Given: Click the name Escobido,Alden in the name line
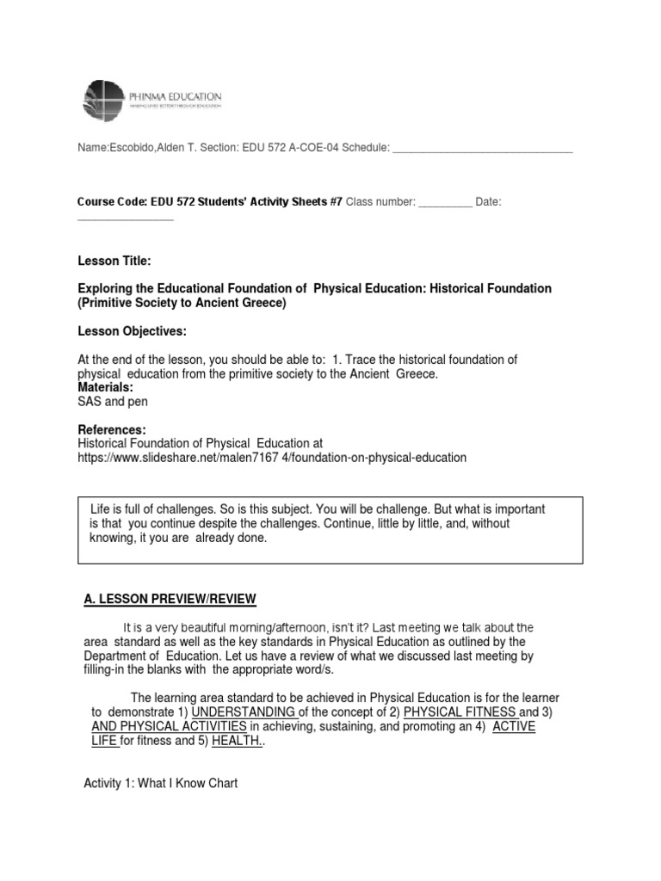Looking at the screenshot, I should [144, 148].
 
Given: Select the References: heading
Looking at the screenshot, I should [112, 429].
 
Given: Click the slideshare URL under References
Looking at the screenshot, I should [272, 458].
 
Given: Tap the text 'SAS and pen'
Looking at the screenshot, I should [113, 402].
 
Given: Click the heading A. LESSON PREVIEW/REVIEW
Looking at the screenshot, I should [170, 599].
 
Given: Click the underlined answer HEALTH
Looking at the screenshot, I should [237, 741].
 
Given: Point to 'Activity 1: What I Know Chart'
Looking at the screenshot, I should [160, 783].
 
